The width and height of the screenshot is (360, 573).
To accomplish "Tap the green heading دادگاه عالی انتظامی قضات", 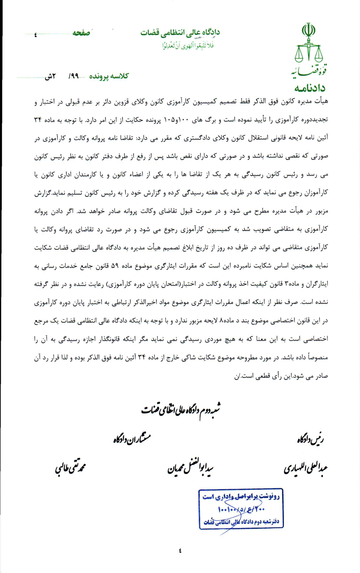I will coord(180,33).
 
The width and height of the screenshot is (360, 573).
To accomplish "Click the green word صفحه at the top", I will coord(81,33).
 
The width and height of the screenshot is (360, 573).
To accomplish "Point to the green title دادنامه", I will coord(309,88).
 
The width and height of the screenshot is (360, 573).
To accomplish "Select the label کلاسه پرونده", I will coord(109,76).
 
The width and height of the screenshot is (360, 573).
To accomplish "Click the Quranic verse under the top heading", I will coord(188,45).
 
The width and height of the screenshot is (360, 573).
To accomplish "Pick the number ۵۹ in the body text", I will coord(115,266).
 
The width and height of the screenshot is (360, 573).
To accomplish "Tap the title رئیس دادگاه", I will coord(310,440).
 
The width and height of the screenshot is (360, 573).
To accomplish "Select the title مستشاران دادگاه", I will coord(132,439).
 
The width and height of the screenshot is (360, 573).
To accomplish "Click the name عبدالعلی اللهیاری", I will coord(305,468).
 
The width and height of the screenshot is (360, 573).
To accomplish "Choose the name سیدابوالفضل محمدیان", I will coord(190,469).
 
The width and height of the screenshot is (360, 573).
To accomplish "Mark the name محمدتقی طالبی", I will coord(70,468).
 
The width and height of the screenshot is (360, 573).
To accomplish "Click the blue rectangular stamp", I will coord(241,508).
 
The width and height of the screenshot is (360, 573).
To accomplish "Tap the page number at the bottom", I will coord(180,551).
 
